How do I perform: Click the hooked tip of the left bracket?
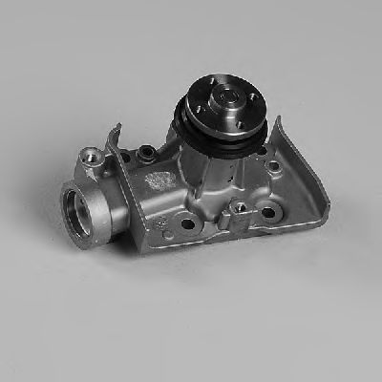116,129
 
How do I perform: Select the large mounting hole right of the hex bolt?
267,212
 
